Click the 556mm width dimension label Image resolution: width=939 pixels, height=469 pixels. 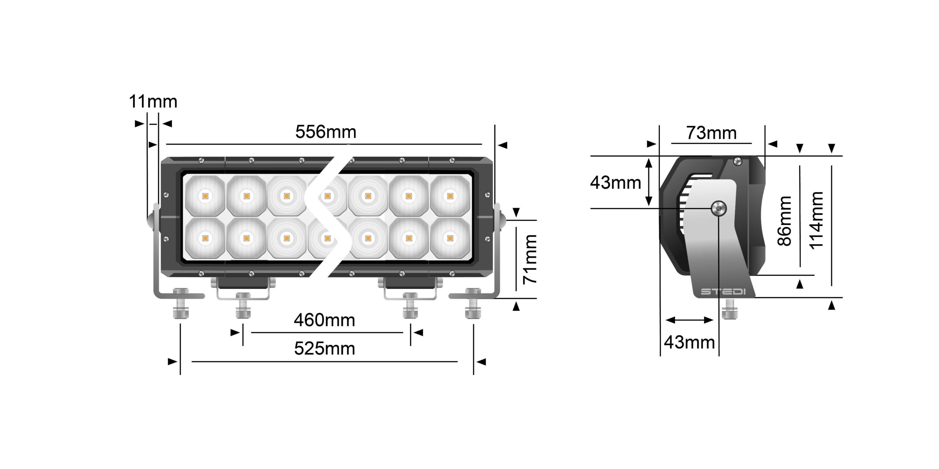pos(326,132)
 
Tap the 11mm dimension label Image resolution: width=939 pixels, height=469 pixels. pos(153,101)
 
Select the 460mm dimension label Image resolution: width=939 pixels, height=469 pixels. pos(324,321)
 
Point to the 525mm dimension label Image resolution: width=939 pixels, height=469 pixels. pos(325,349)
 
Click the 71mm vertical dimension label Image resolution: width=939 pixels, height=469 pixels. pos(530,259)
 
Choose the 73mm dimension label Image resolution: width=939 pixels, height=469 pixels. pos(712,133)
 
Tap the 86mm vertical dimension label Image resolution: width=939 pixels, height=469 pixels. pos(785,221)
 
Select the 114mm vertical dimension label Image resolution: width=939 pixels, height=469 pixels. pos(816,221)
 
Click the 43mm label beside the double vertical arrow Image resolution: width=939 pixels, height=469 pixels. pos(615,182)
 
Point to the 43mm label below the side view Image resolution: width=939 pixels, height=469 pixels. pos(689,343)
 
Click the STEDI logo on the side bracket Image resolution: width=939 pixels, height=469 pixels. pos(718,292)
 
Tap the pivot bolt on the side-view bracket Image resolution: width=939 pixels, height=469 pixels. pos(719,209)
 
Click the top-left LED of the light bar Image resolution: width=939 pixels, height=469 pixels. pos(205,196)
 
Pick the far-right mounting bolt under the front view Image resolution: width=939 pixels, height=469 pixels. pos(473,304)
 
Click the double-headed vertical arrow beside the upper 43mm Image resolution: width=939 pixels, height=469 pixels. pos(648,182)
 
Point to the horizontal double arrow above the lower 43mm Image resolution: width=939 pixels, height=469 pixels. pos(689,320)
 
